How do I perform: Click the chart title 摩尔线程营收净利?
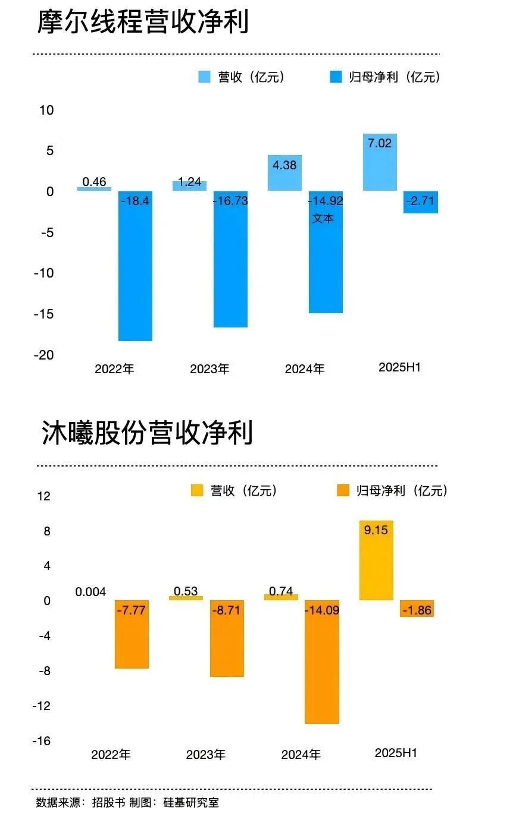143,23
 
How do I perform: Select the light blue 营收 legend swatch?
204,77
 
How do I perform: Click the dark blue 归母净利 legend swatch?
336,77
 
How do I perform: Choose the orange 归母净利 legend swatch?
343,490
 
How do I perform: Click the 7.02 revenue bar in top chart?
380,162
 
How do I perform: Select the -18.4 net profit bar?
135,266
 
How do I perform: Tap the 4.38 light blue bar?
284,173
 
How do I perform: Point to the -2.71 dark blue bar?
421,202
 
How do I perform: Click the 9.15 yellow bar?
376,560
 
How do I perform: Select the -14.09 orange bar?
322,662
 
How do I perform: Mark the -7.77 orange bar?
132,635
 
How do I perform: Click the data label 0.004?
90,592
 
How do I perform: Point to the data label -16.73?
230,201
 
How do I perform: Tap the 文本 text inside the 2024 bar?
323,218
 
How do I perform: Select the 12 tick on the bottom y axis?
43,496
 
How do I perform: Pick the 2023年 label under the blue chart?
209,369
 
